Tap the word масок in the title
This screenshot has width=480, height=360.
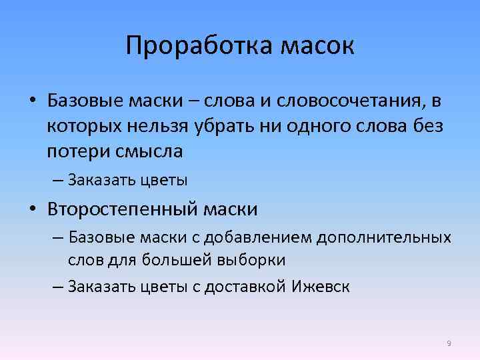point(317,47)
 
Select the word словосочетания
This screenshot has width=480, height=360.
point(340,101)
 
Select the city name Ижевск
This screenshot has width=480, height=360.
point(321,287)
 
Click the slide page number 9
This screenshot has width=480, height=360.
point(449,343)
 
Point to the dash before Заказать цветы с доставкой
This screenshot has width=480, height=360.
point(57,287)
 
